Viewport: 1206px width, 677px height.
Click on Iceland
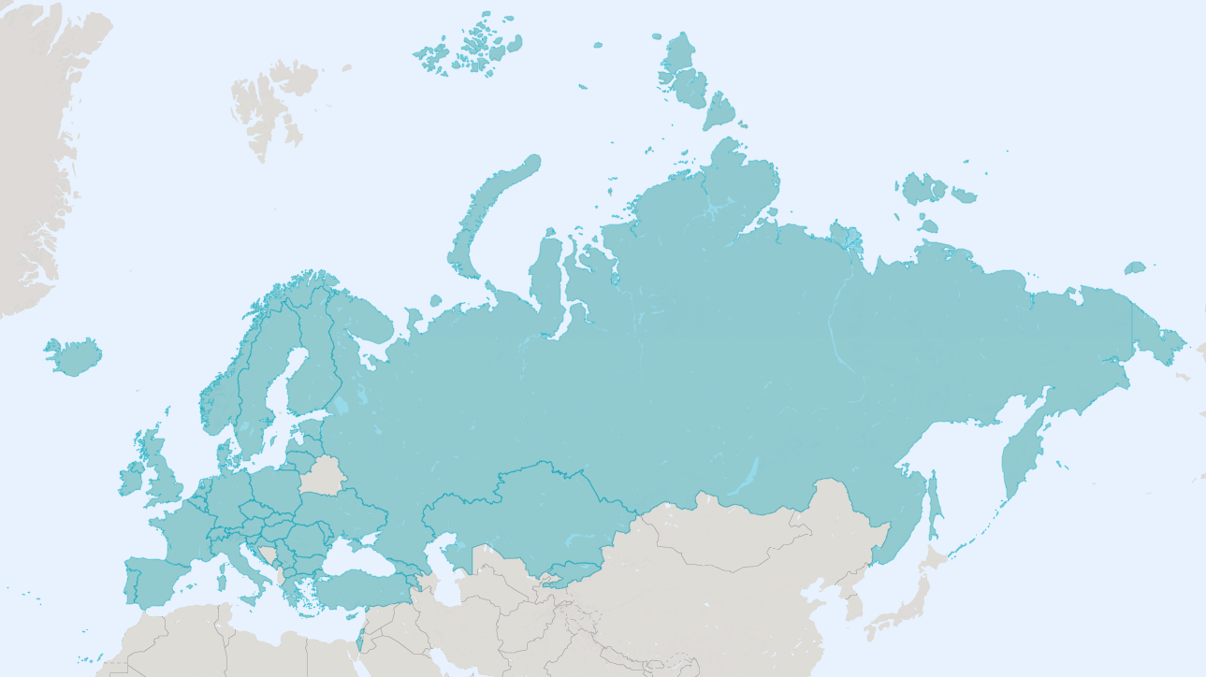tap(73, 356)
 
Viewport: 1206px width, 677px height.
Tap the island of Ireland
tap(131, 478)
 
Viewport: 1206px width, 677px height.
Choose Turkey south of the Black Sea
tap(365, 589)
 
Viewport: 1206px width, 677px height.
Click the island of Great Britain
tap(164, 472)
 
